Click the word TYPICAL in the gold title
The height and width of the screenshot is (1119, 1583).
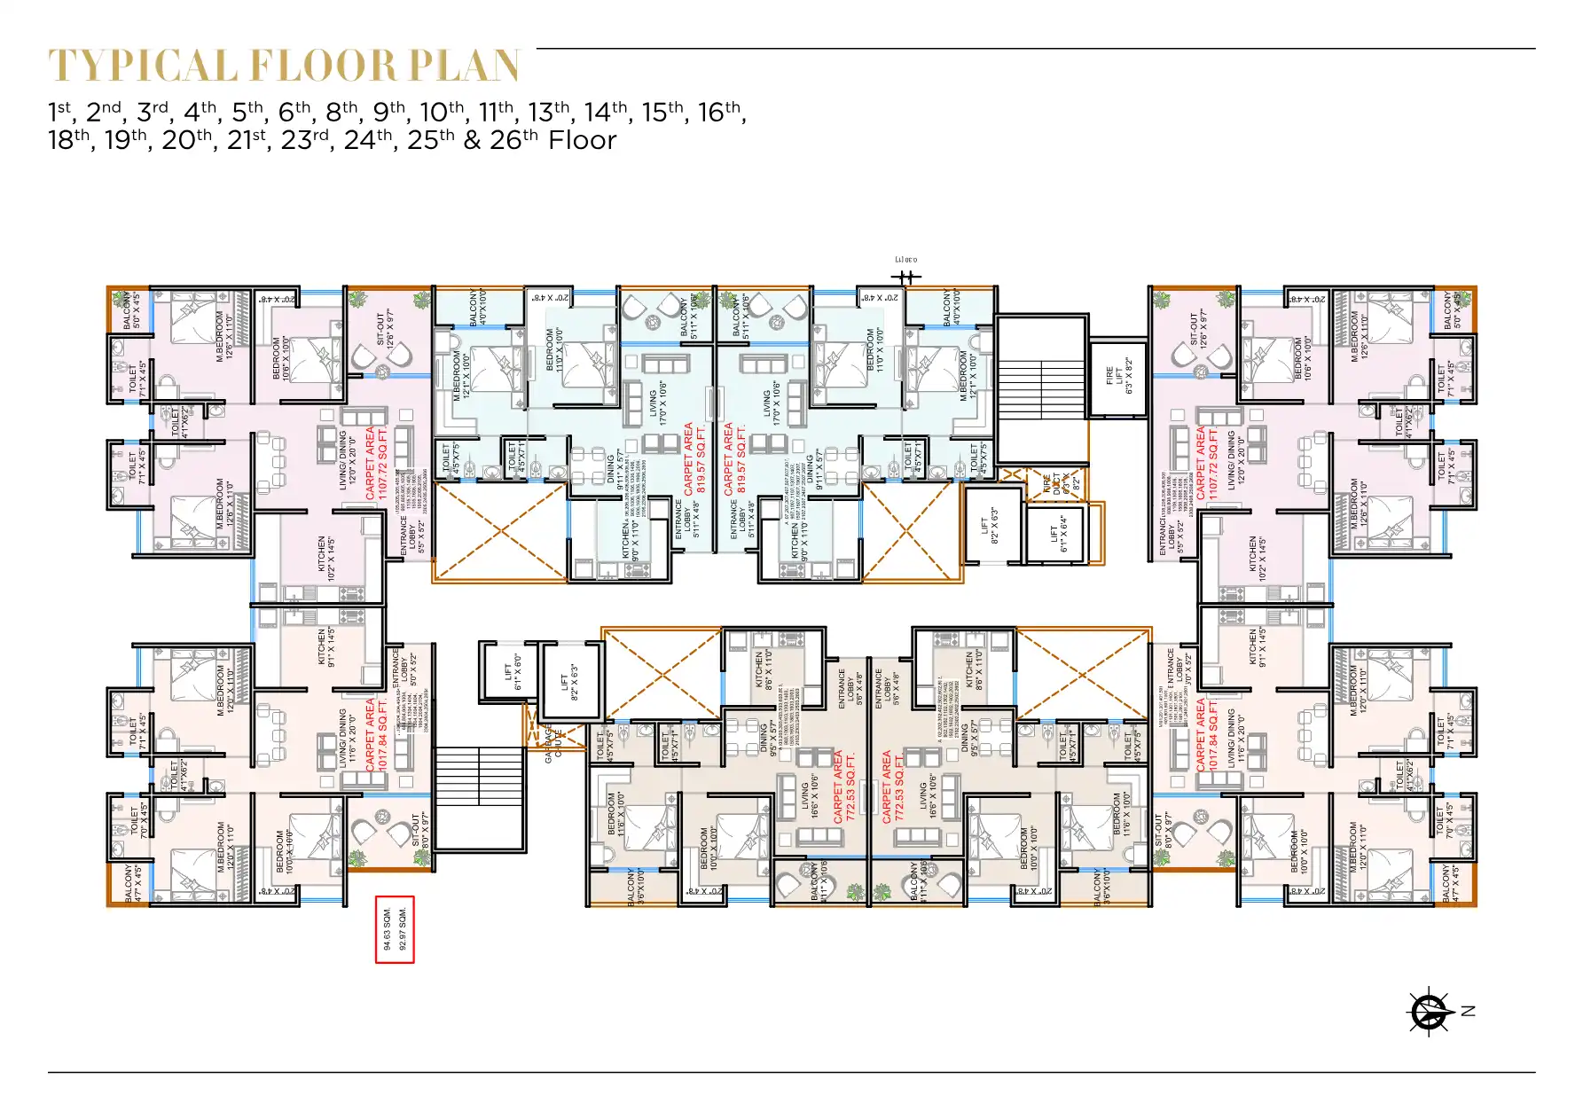pyautogui.click(x=143, y=67)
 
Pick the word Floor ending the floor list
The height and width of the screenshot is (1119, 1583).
pyautogui.click(x=582, y=140)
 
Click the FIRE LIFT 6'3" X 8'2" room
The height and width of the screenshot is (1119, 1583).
pyautogui.click(x=1118, y=377)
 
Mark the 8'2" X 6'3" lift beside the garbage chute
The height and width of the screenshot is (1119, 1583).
pyautogui.click(x=569, y=681)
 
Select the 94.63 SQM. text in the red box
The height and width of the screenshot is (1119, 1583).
pyautogui.click(x=387, y=929)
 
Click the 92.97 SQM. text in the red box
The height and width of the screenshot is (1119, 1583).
pyautogui.click(x=403, y=929)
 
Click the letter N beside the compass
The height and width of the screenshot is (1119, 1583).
pyautogui.click(x=1469, y=1011)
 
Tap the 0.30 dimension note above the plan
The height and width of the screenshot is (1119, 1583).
pyautogui.click(x=905, y=260)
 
